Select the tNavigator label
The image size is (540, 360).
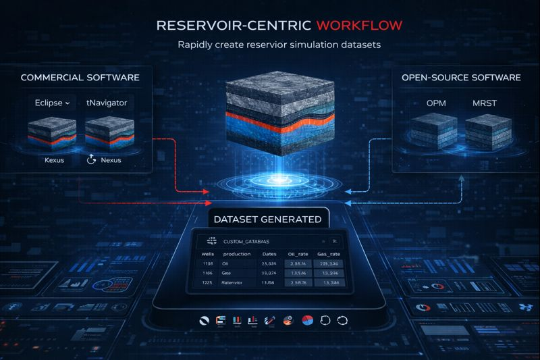107,103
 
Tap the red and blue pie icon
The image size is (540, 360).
306,319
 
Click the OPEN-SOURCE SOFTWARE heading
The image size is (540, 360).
461,78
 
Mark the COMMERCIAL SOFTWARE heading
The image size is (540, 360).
80,78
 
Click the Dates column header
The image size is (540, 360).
269,253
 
